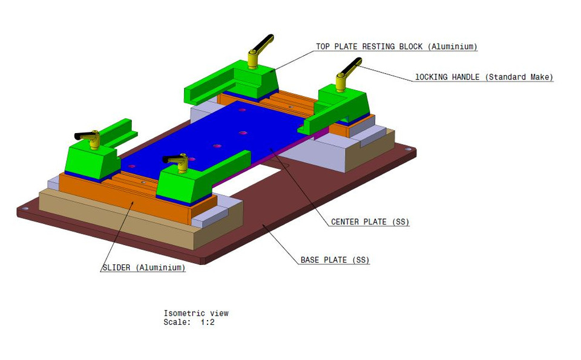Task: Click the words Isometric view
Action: (x=196, y=313)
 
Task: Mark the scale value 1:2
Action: (x=208, y=322)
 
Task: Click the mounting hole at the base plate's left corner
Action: (x=25, y=209)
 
